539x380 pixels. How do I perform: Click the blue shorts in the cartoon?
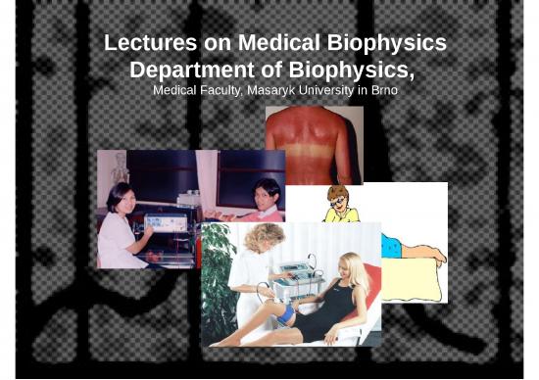pyautogui.click(x=391, y=246)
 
